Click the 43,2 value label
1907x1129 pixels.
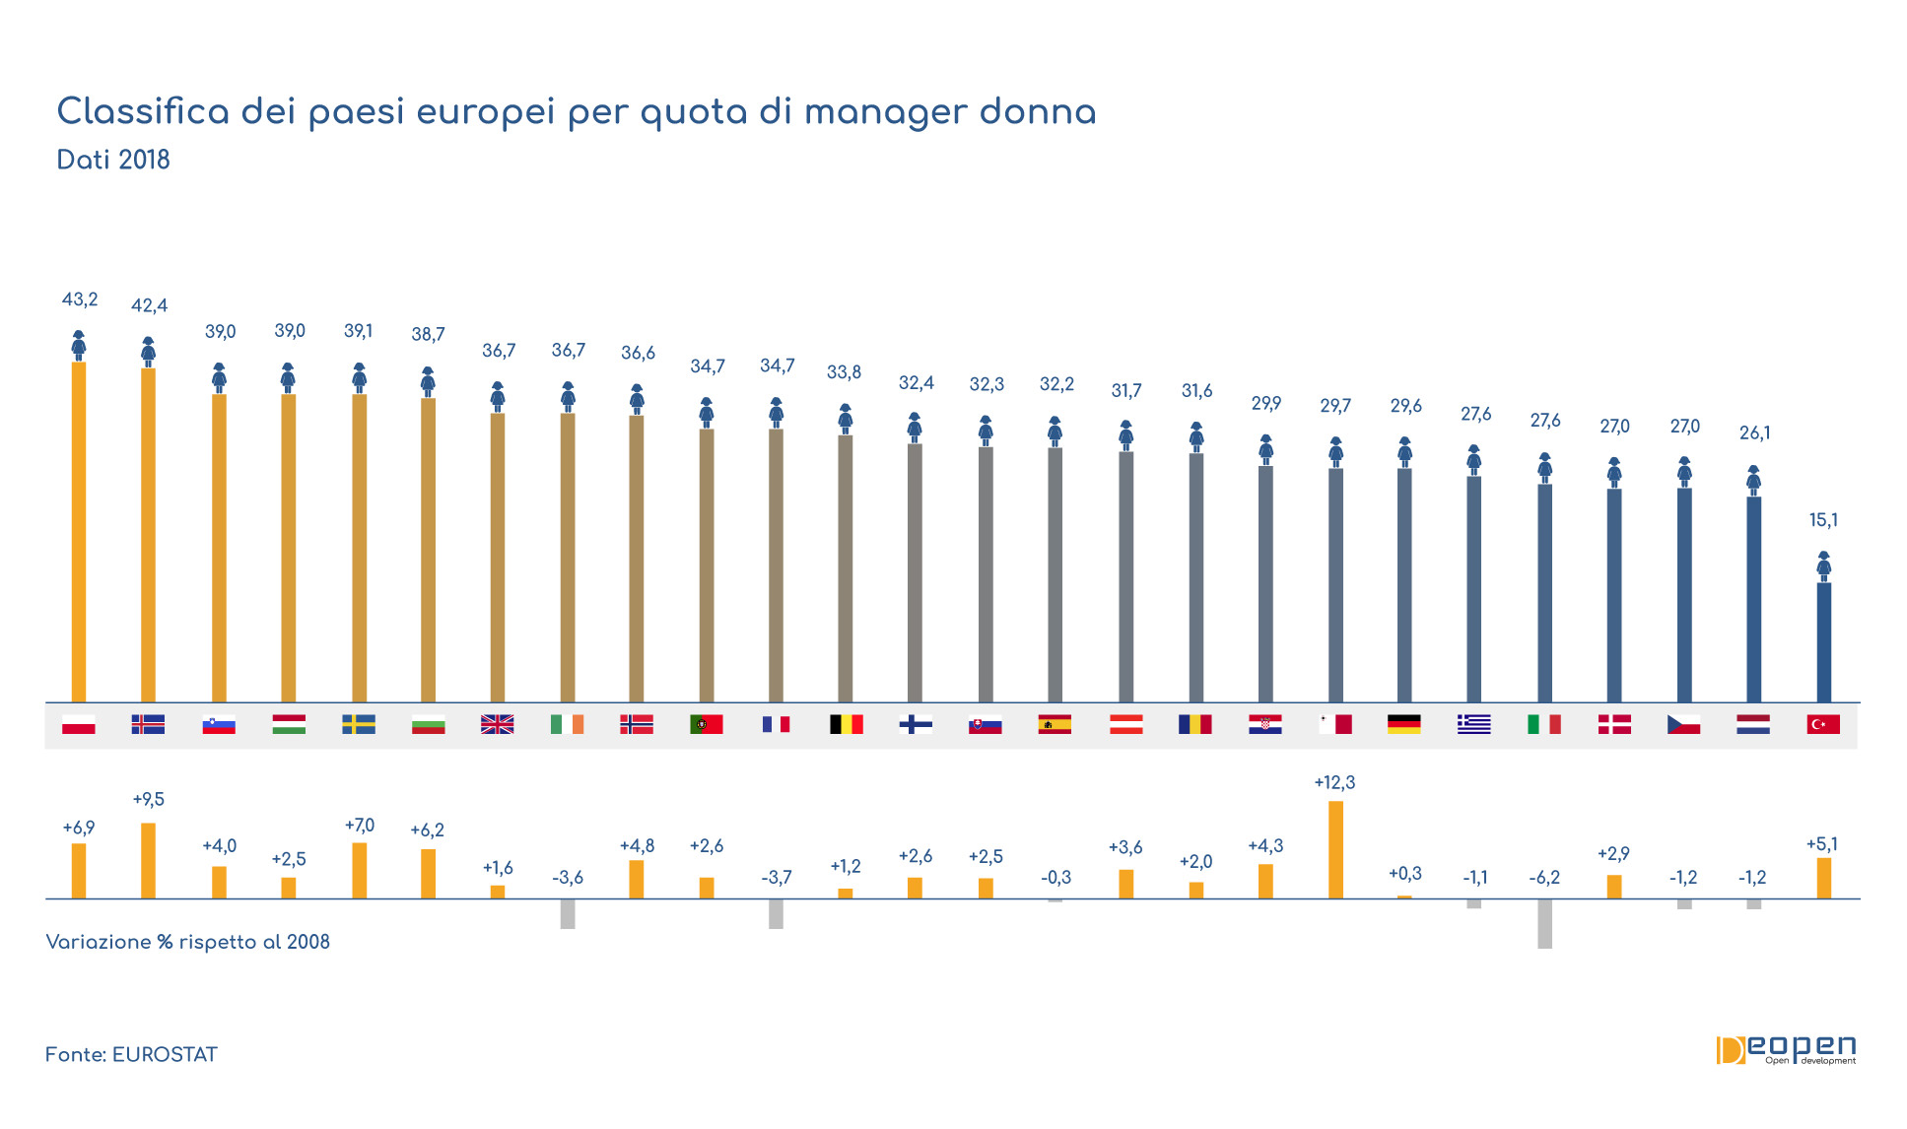click(80, 299)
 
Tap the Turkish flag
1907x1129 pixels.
click(1823, 725)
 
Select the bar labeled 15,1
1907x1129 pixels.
click(1824, 642)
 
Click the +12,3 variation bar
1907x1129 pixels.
click(1335, 849)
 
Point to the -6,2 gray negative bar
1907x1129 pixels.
click(1544, 924)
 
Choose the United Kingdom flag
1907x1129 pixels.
click(498, 725)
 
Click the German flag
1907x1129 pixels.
click(1404, 725)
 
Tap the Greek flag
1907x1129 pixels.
click(1474, 725)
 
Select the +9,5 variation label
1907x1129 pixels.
click(149, 799)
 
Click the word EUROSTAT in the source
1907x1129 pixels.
click(165, 1055)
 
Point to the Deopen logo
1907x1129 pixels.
click(1786, 1050)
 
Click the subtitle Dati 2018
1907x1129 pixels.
click(113, 160)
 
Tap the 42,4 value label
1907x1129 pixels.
click(150, 305)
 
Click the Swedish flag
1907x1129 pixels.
click(359, 725)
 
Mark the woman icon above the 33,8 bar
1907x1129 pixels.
click(845, 419)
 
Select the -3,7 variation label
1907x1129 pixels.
click(777, 877)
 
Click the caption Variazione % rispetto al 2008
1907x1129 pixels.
click(188, 942)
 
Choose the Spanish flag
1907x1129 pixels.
click(1055, 725)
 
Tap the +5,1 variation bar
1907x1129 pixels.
click(1824, 878)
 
